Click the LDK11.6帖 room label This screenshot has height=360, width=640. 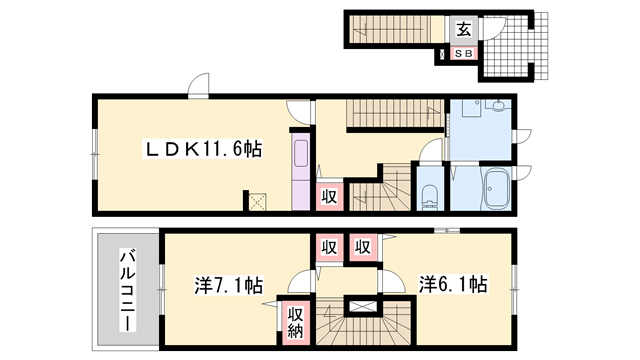[203, 149]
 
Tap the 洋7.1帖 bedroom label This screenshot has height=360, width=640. [228, 285]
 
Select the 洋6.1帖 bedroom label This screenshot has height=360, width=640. [453, 284]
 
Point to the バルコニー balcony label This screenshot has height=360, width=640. [128, 289]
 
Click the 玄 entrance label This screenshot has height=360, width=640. [464, 29]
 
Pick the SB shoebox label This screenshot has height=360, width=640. [464, 53]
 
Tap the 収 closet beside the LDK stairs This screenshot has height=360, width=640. [329, 197]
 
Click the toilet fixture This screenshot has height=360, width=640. [429, 196]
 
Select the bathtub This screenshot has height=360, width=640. [496, 189]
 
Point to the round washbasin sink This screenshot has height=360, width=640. [498, 105]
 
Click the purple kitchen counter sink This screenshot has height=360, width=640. [301, 153]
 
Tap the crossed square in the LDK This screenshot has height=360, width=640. [258, 202]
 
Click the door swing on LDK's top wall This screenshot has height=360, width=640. [199, 85]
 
